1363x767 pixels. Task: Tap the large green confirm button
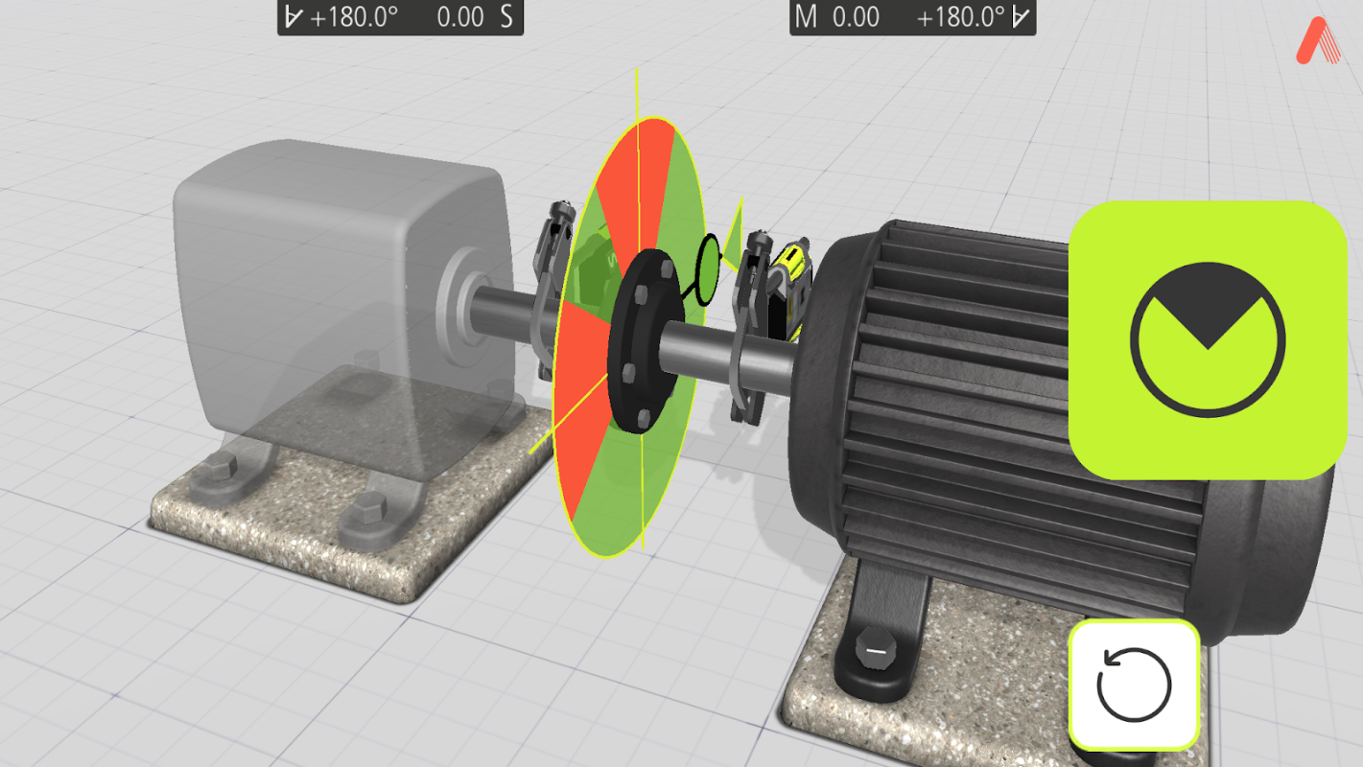pyautogui.click(x=1208, y=340)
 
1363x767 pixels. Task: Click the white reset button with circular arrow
pyautogui.click(x=1134, y=685)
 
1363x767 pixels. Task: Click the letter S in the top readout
pyautogui.click(x=506, y=16)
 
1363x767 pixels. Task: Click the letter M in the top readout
pyautogui.click(x=806, y=16)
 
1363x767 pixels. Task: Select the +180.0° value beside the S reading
pyautogui.click(x=354, y=17)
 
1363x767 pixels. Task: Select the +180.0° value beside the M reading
pyautogui.click(x=961, y=17)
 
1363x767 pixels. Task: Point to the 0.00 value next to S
pyautogui.click(x=460, y=17)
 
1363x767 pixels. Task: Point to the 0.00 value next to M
pyautogui.click(x=856, y=17)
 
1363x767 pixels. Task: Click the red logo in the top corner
pyautogui.click(x=1318, y=40)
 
